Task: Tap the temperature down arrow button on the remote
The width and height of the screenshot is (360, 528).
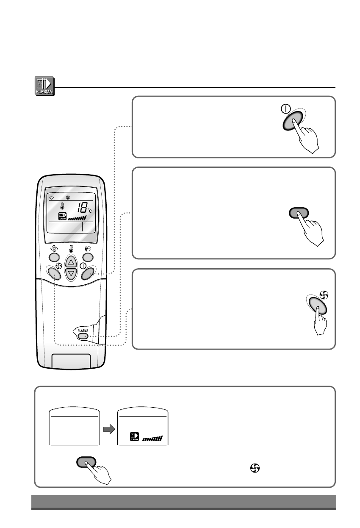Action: pos(71,274)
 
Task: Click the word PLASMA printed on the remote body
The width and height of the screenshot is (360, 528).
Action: pos(83,328)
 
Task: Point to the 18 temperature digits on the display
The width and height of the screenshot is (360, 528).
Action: pos(83,208)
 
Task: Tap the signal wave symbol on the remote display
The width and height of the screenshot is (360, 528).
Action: pos(52,197)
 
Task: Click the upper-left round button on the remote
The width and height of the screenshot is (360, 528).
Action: pos(53,257)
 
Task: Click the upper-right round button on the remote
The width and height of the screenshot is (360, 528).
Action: pos(88,257)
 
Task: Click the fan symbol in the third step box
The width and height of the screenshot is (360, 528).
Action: pos(325,294)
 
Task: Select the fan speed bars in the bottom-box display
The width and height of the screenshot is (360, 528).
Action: pos(152,439)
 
